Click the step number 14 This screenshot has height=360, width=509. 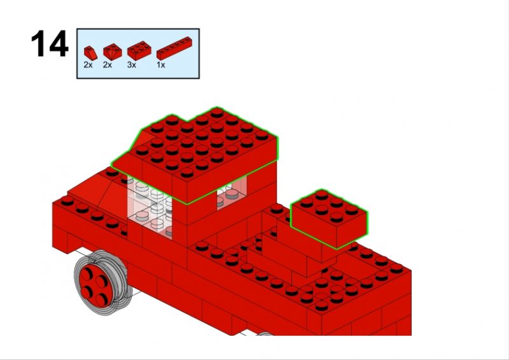(x=50, y=44)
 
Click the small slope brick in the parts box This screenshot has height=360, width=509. (x=90, y=53)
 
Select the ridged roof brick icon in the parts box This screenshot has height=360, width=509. (x=113, y=52)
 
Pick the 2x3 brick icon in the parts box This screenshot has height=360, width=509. (x=139, y=50)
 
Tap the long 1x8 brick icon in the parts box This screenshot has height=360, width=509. (x=174, y=48)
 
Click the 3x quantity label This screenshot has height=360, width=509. (x=132, y=65)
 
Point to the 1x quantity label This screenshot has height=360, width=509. (x=161, y=65)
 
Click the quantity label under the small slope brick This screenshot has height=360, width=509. (x=88, y=65)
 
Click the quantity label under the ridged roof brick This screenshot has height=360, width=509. (x=108, y=65)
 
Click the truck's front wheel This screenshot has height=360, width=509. (x=102, y=282)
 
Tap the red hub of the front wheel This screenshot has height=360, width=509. (x=95, y=286)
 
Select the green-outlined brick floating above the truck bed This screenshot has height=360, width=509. (x=328, y=219)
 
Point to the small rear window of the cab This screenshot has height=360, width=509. (x=232, y=193)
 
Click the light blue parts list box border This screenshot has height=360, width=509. (x=138, y=29)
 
